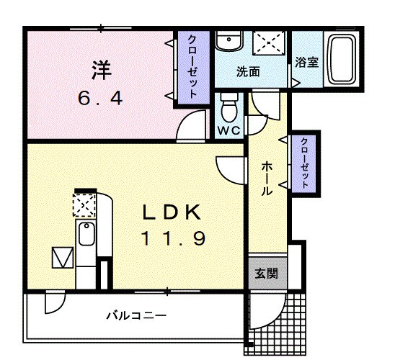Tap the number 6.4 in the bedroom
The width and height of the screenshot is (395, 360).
point(100,98)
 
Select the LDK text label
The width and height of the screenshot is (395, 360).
point(170,212)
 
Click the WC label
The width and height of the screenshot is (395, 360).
point(229,131)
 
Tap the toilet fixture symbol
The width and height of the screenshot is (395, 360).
point(230,107)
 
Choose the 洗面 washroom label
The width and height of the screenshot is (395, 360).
point(248,72)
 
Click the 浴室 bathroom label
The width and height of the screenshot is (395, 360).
point(306,63)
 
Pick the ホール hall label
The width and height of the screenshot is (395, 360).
point(266,179)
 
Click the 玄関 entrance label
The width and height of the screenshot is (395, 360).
point(264,274)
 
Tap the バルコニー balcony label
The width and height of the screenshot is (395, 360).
point(137,315)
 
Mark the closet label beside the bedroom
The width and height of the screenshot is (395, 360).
point(193,67)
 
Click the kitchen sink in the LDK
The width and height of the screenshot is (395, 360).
point(86,235)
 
